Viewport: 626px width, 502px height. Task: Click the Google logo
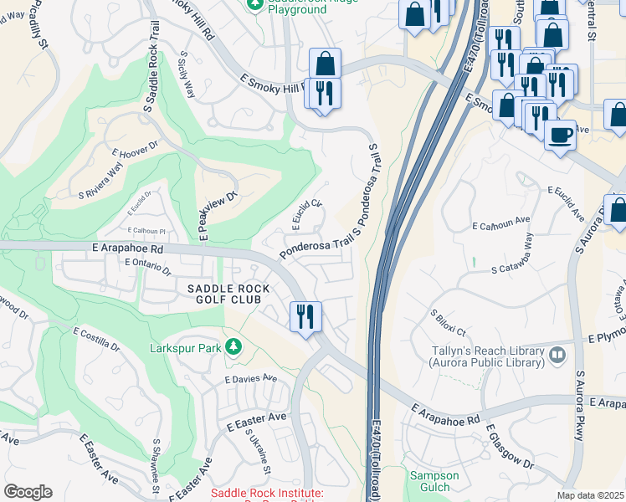pyautogui.click(x=28, y=492)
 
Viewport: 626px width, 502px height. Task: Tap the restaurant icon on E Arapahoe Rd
pyautogui.click(x=305, y=316)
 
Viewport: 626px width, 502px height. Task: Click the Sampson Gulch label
pyautogui.click(x=434, y=481)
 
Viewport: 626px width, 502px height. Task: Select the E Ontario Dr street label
pyautogui.click(x=147, y=266)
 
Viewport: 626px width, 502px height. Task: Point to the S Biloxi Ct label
pyautogui.click(x=448, y=323)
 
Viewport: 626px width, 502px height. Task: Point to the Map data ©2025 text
pyautogui.click(x=590, y=495)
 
